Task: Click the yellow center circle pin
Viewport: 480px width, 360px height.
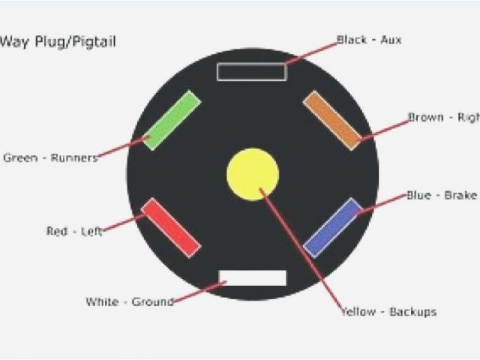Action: click(x=253, y=175)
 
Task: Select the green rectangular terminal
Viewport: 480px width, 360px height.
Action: click(x=172, y=120)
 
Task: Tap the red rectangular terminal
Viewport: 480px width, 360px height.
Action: click(x=171, y=228)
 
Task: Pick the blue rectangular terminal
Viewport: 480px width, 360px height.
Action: click(x=333, y=228)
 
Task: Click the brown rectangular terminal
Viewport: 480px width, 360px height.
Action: click(x=332, y=120)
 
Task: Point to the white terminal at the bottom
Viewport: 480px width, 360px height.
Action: click(x=253, y=277)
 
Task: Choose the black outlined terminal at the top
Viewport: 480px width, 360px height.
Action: click(x=251, y=72)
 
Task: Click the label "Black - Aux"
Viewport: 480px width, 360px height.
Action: click(x=368, y=40)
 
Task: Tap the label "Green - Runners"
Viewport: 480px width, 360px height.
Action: click(x=50, y=157)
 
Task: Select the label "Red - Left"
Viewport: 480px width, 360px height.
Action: click(x=73, y=232)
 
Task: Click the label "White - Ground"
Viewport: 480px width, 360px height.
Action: click(x=130, y=302)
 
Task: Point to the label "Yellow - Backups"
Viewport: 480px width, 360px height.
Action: click(x=388, y=311)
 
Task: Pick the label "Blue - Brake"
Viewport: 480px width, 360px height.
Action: click(x=441, y=195)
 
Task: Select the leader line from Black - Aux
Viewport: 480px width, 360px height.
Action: click(x=311, y=52)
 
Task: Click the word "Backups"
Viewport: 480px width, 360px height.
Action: click(x=412, y=311)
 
